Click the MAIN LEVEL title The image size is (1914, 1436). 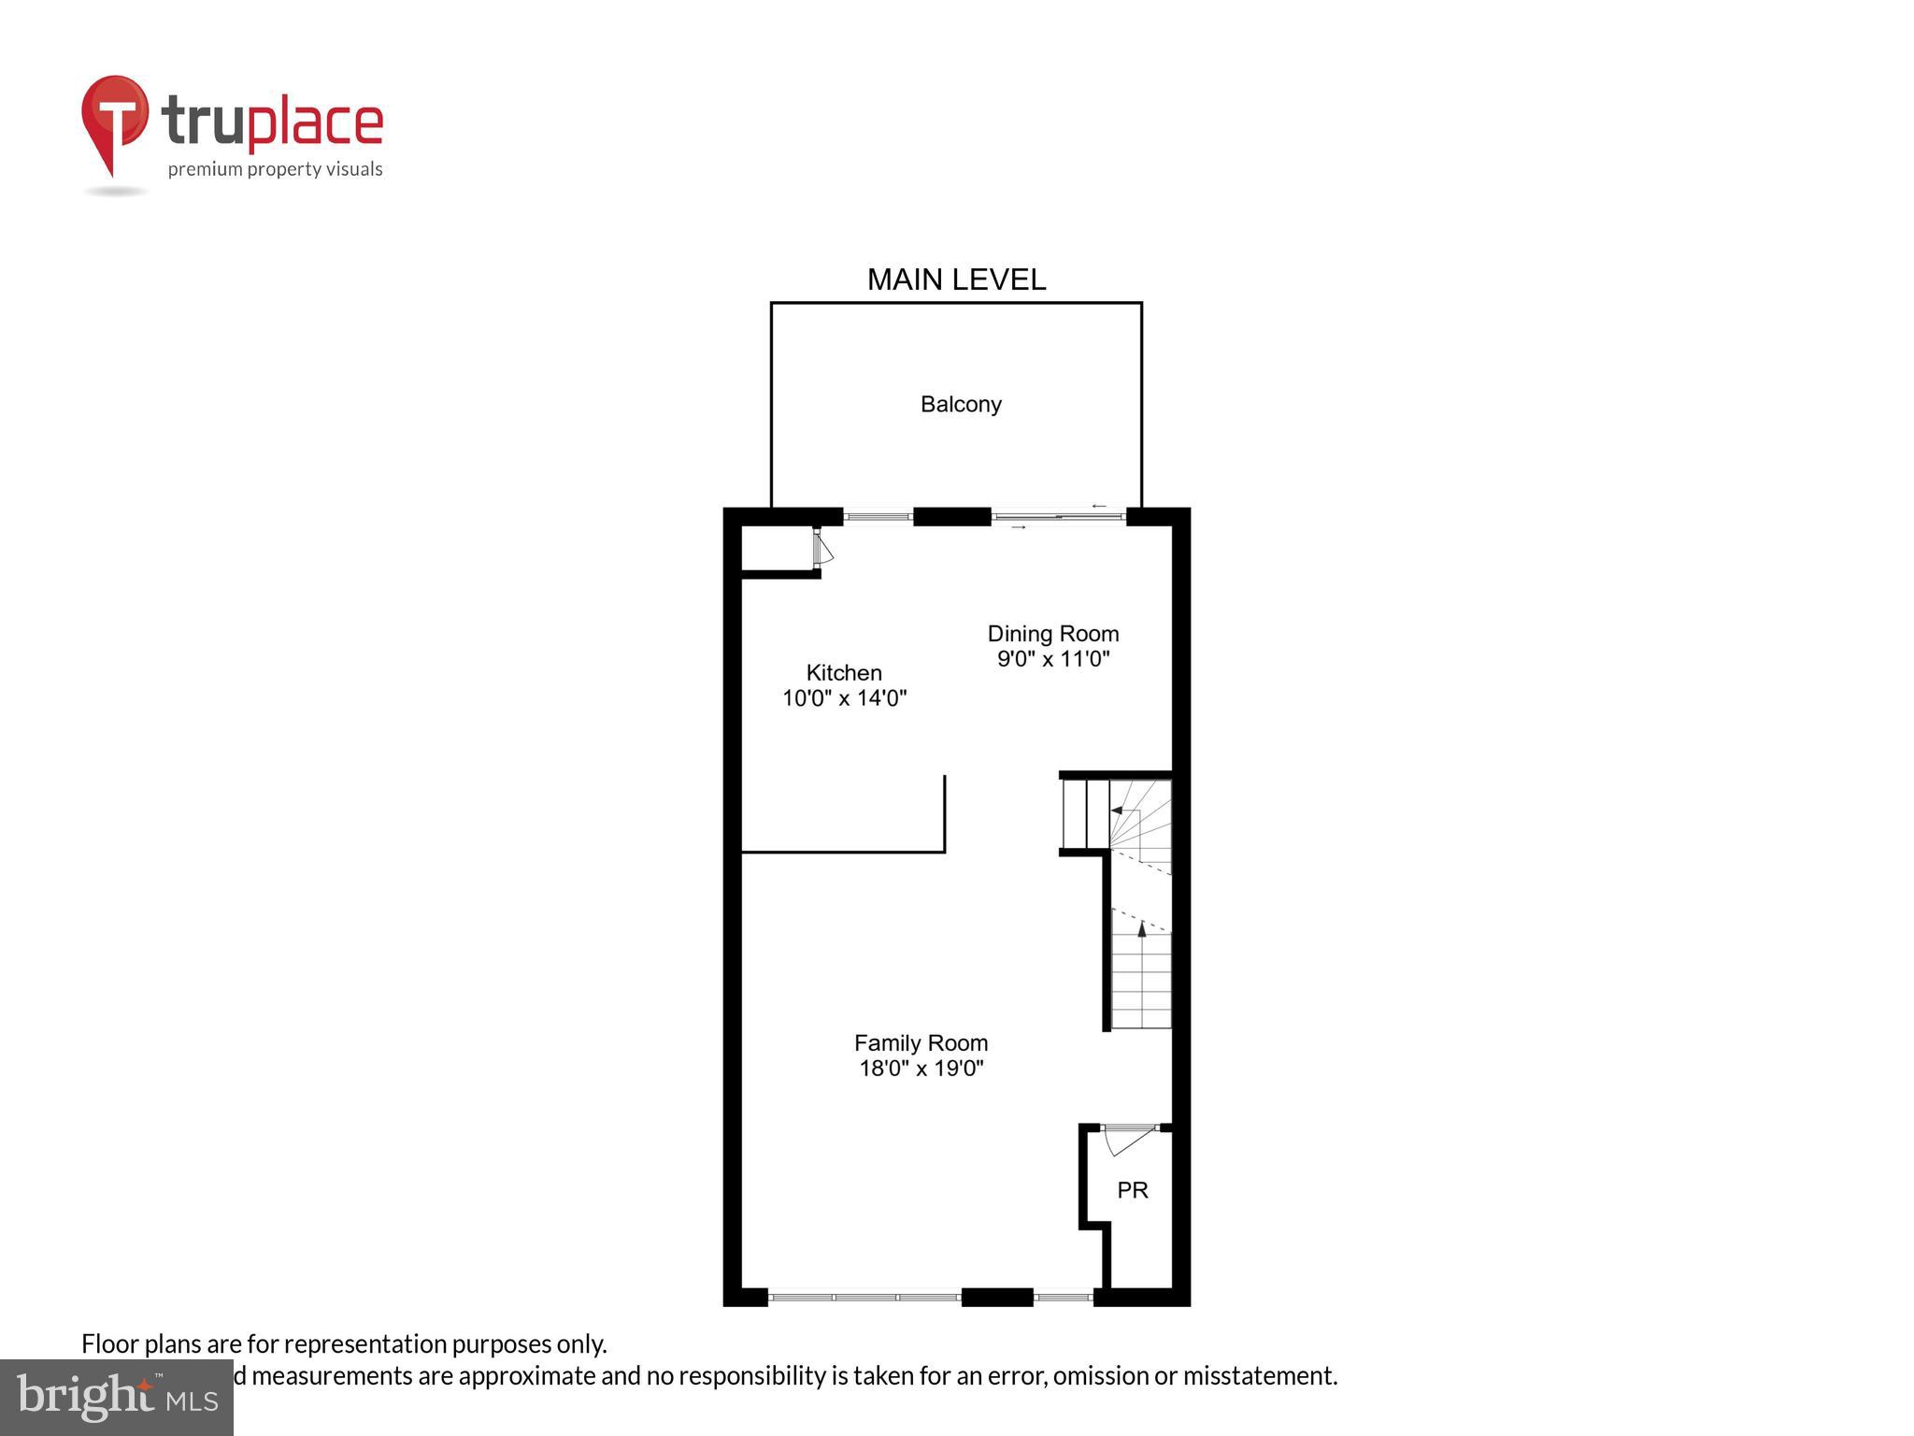click(x=956, y=280)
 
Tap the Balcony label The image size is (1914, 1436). click(x=961, y=404)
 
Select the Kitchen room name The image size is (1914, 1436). click(x=844, y=672)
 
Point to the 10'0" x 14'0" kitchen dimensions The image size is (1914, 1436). click(x=844, y=697)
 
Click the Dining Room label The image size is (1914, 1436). click(x=1053, y=634)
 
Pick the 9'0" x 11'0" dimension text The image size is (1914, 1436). click(x=1053, y=659)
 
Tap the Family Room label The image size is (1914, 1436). click(x=921, y=1042)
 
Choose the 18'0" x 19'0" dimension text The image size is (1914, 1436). click(x=921, y=1068)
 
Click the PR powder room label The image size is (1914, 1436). click(x=1133, y=1190)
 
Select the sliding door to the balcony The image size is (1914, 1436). click(x=1058, y=516)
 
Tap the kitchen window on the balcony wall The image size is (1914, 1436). click(x=878, y=516)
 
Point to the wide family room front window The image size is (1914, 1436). click(x=864, y=1297)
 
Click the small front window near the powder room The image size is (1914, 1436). click(x=1064, y=1297)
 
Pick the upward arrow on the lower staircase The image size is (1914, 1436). click(x=1141, y=929)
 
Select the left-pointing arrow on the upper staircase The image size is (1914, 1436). click(x=1117, y=810)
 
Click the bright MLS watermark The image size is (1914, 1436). click(x=117, y=1397)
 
